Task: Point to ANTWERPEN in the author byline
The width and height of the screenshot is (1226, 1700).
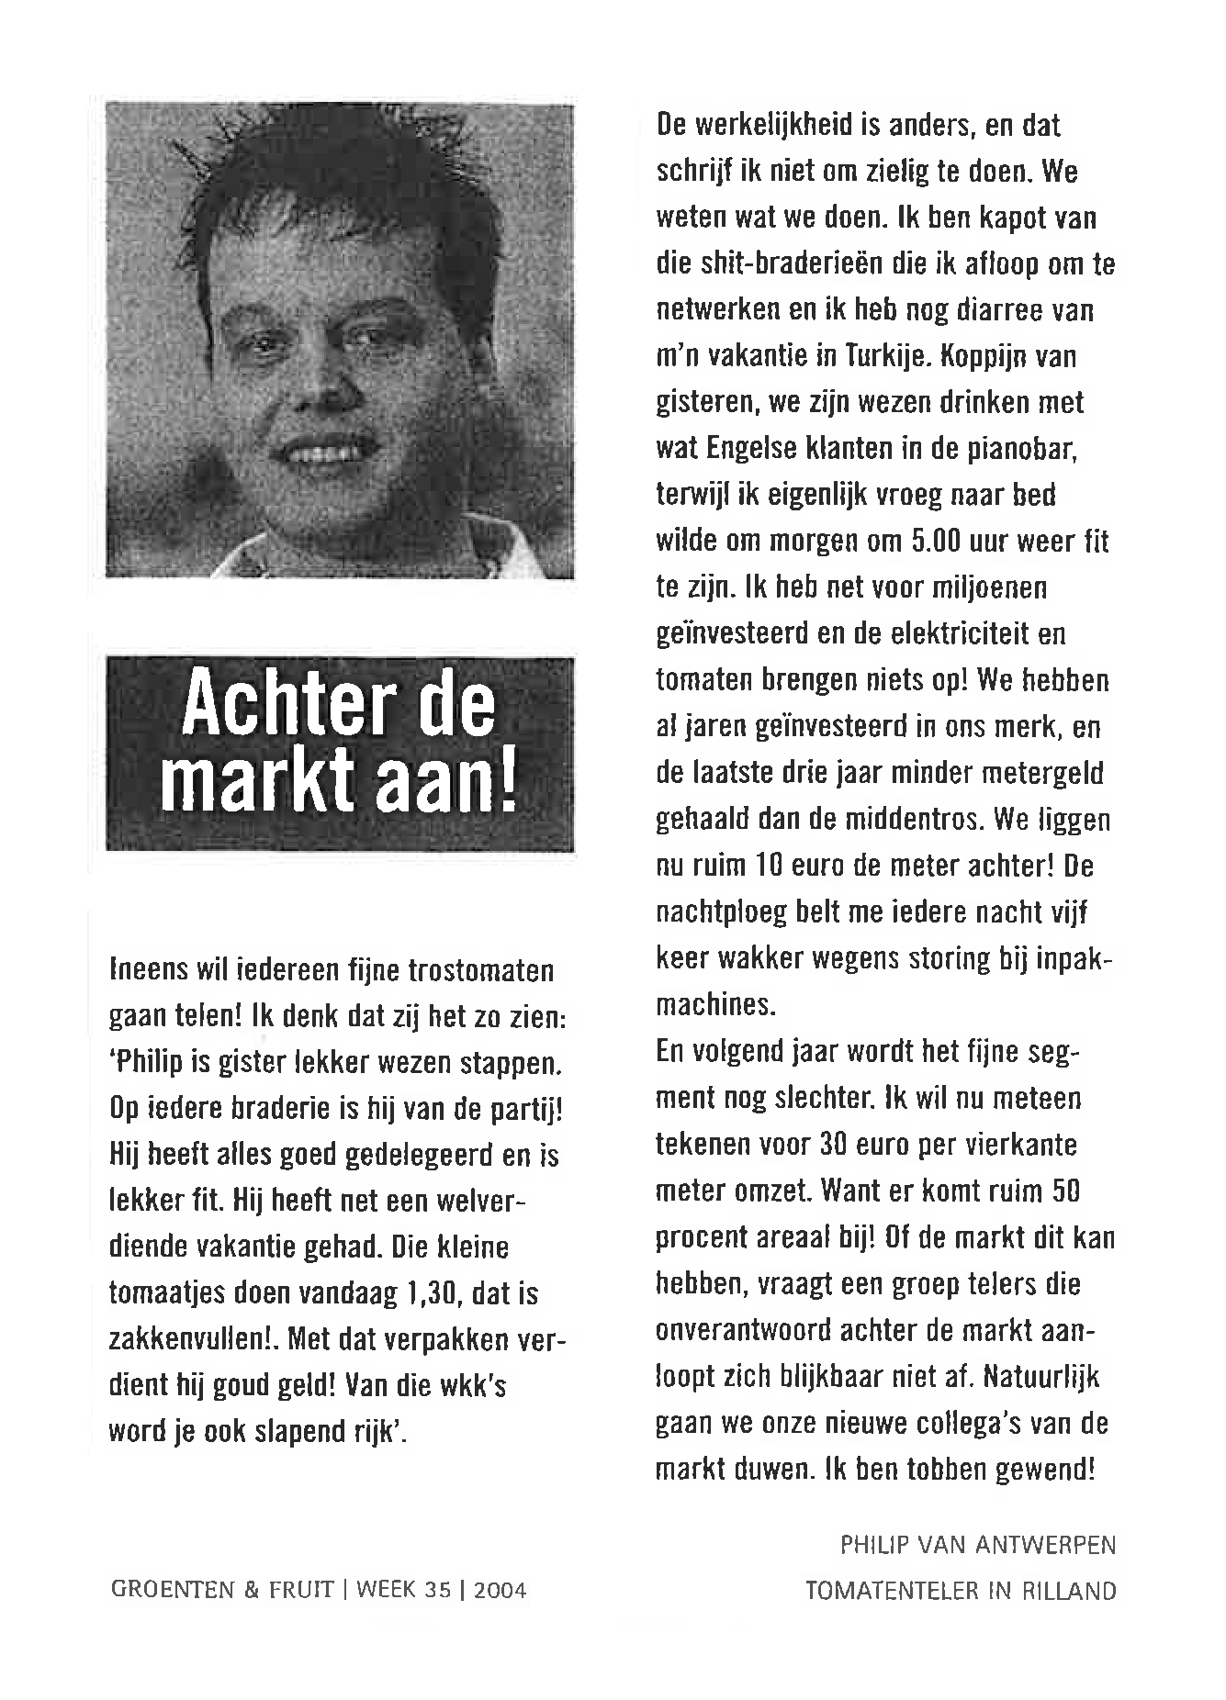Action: pos(1044,1546)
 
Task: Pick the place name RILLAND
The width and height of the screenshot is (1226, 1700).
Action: pos(1068,1591)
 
